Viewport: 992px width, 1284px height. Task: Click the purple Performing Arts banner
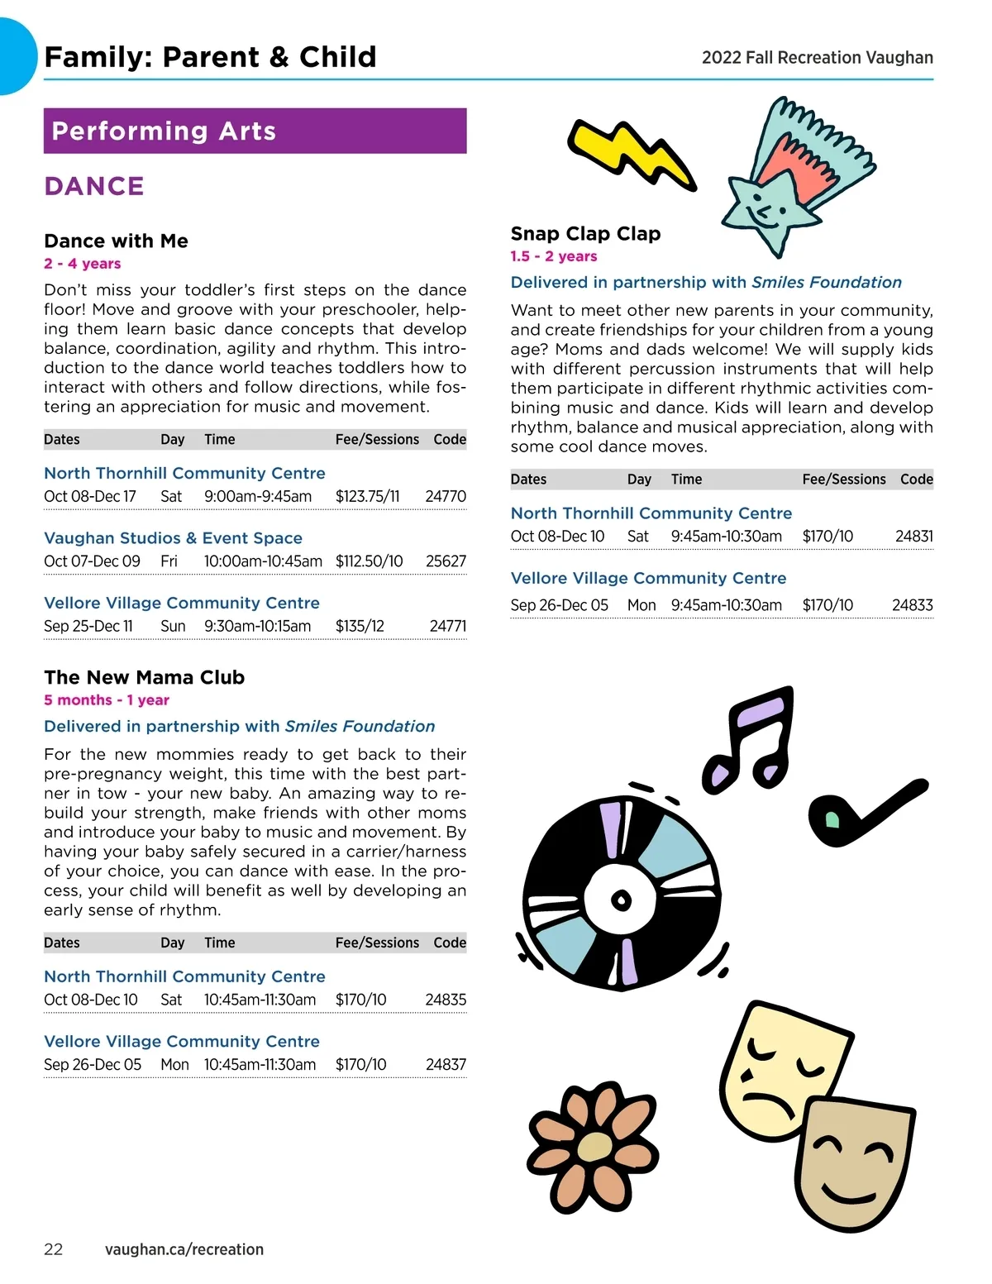pyautogui.click(x=255, y=131)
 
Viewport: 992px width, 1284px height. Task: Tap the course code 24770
pyautogui.click(x=446, y=496)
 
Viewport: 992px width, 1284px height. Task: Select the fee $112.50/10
pyautogui.click(x=369, y=561)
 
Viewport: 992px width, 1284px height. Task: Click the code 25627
pyautogui.click(x=446, y=561)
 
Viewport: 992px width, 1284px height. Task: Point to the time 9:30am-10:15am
pyautogui.click(x=258, y=626)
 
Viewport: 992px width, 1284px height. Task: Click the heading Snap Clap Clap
pyautogui.click(x=585, y=233)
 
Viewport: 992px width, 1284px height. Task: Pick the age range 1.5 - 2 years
pyautogui.click(x=553, y=256)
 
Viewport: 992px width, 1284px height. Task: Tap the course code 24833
pyautogui.click(x=912, y=605)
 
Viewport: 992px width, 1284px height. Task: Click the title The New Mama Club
pyautogui.click(x=144, y=677)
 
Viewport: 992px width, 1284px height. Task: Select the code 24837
pyautogui.click(x=446, y=1064)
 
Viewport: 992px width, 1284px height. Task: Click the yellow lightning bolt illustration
pyautogui.click(x=632, y=153)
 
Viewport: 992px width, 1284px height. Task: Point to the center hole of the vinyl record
pyautogui.click(x=621, y=900)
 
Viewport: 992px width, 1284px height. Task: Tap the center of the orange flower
pyautogui.click(x=593, y=1146)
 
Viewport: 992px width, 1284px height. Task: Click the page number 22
pyautogui.click(x=53, y=1249)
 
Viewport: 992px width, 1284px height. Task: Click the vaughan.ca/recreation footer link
pyautogui.click(x=184, y=1249)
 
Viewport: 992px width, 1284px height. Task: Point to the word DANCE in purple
pyautogui.click(x=94, y=186)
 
